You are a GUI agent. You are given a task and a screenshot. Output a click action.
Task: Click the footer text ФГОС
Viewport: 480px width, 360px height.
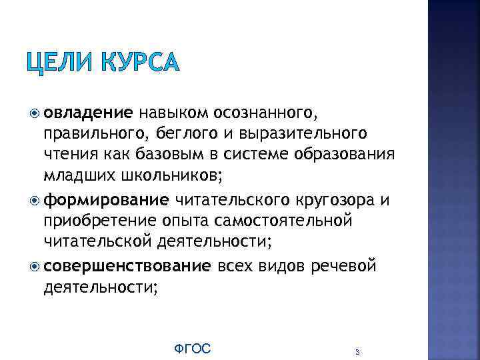192,348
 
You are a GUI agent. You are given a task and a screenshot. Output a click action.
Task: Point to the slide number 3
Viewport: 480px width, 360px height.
358,351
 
